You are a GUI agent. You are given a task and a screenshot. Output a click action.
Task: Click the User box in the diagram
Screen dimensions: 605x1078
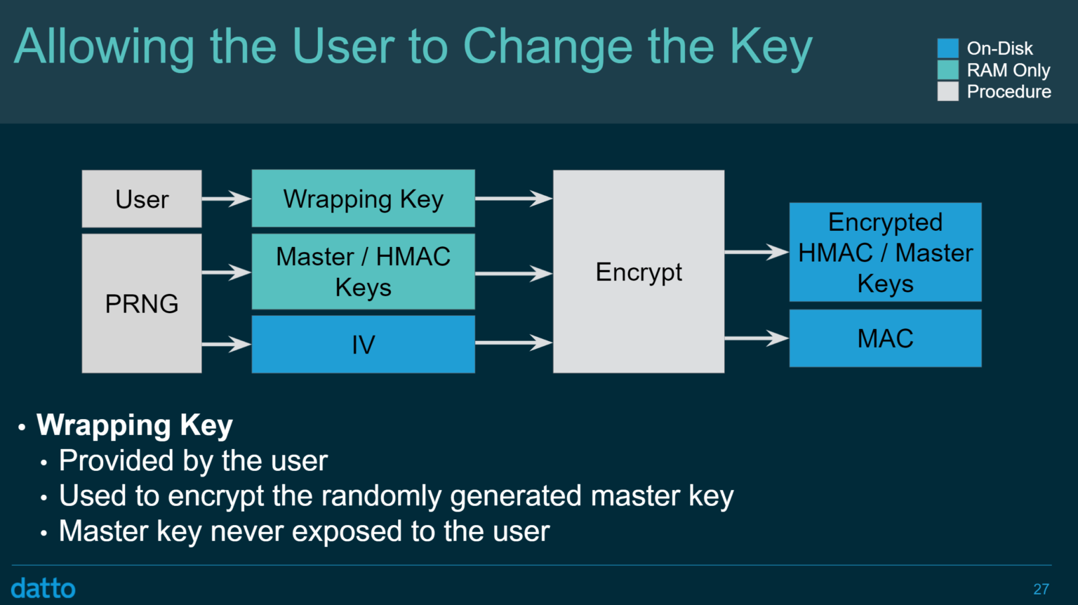142,199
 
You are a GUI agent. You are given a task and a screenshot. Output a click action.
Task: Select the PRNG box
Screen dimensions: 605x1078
142,303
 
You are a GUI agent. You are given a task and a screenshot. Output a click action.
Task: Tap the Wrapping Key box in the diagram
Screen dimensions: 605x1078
363,199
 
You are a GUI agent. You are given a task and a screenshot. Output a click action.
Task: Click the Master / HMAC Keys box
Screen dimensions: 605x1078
363,272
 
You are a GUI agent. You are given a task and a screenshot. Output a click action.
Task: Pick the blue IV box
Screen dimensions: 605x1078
363,344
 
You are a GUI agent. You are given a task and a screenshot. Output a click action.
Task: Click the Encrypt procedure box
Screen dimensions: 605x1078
639,272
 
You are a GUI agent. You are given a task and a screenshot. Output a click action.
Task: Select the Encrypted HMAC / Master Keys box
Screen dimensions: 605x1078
885,253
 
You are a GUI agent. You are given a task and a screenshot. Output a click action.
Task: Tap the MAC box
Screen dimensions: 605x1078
885,338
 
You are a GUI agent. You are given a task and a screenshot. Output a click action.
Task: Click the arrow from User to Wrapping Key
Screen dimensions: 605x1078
226,199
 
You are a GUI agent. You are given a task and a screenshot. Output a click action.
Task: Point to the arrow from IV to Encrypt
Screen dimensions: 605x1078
514,343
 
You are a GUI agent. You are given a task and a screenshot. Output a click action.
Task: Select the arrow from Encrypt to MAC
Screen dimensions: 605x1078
757,338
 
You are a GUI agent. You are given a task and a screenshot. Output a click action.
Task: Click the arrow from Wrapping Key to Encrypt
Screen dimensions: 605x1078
514,199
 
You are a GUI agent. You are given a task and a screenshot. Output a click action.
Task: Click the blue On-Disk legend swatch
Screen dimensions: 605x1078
947,48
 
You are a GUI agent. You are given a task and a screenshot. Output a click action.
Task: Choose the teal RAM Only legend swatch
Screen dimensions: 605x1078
947,70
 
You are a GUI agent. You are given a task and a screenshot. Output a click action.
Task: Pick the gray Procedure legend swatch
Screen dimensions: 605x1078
947,91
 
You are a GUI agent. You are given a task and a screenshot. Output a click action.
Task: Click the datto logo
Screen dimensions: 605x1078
44,588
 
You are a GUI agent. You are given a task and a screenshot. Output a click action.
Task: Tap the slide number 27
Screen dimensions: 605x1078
1041,589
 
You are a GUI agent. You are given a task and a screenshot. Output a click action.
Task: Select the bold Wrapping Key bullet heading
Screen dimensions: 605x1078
135,425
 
